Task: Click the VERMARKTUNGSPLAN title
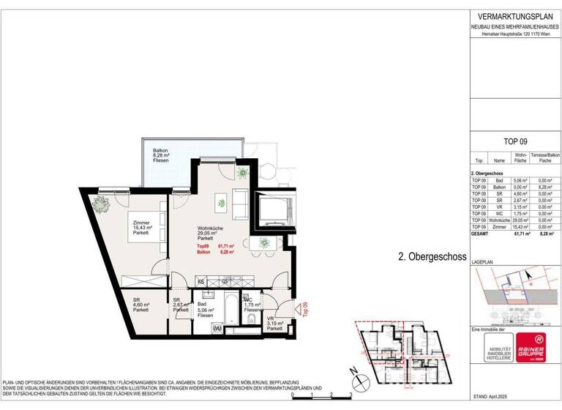point(514,16)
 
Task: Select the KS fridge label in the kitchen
point(201,281)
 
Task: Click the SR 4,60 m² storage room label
point(140,305)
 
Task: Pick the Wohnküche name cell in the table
point(500,220)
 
